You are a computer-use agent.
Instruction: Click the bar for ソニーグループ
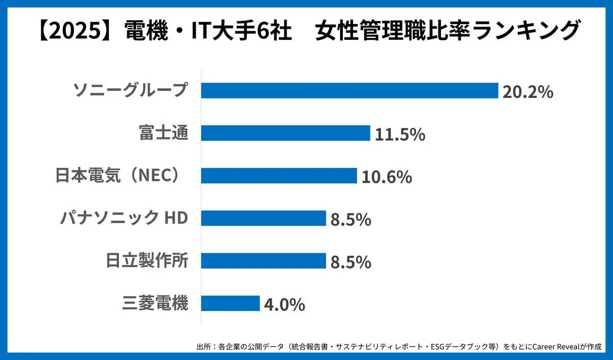[349, 90]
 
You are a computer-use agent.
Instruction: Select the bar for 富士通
[285, 133]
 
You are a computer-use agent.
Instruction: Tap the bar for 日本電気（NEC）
[278, 176]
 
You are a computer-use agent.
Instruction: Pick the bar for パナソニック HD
[263, 218]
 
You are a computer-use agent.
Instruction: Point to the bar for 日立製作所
[263, 261]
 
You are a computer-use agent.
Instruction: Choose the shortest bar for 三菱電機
[230, 303]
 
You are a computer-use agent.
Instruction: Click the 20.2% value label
[528, 92]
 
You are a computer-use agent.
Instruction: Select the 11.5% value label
[400, 135]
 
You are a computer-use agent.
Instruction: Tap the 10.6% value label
[387, 177]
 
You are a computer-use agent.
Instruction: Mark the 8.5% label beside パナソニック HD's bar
[350, 220]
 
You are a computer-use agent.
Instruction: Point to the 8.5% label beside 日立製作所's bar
[350, 262]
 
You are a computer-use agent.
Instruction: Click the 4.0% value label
[285, 305]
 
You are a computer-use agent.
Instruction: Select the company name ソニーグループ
[131, 90]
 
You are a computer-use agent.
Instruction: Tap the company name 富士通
[163, 133]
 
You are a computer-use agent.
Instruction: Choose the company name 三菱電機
[155, 303]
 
